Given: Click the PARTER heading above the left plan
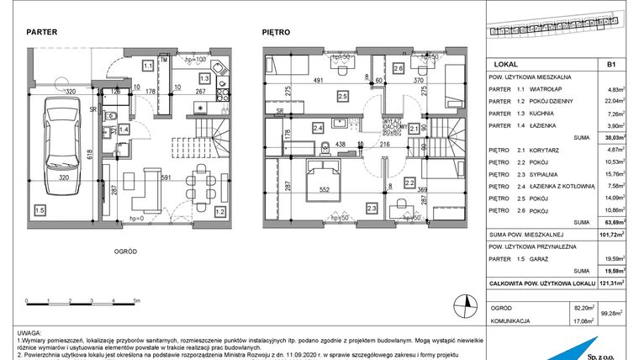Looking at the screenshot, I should point(41,32).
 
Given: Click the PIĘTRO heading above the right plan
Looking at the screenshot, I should point(276,32).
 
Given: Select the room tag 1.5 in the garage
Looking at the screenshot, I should point(40,210).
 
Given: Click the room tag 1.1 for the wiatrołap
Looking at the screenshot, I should point(147,66).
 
